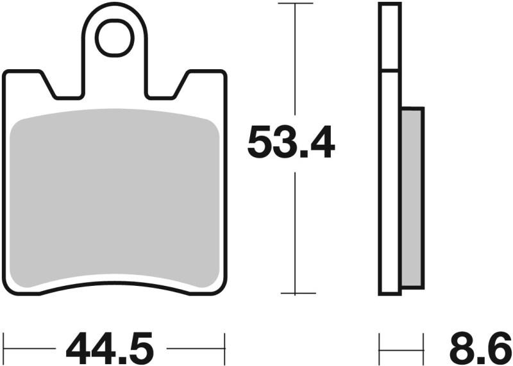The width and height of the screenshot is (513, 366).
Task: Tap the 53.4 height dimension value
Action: (291, 144)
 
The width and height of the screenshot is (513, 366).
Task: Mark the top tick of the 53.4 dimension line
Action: (295, 4)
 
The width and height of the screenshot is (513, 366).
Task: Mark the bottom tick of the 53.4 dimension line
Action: (295, 294)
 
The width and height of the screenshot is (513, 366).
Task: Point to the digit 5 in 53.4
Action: (262, 144)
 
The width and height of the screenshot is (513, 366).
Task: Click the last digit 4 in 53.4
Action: (321, 144)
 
